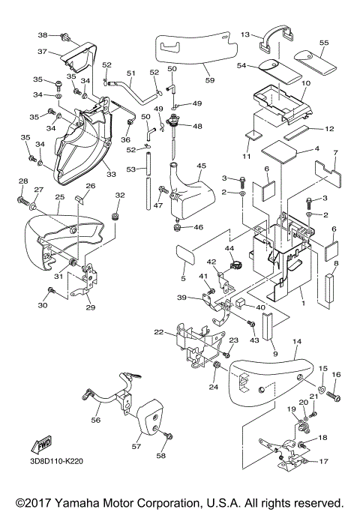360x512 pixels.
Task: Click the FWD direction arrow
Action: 40,444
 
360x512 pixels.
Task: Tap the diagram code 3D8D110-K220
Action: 55,461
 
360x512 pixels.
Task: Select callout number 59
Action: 210,80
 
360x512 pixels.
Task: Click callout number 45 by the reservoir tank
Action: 201,166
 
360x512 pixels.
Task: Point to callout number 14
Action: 297,342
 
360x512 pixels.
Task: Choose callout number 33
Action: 111,175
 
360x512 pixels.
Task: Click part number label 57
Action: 136,446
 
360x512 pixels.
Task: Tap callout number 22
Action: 159,332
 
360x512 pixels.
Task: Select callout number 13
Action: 245,34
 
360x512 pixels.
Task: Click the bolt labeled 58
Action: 169,436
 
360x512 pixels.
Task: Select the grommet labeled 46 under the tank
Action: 178,228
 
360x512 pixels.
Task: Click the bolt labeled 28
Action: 23,199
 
